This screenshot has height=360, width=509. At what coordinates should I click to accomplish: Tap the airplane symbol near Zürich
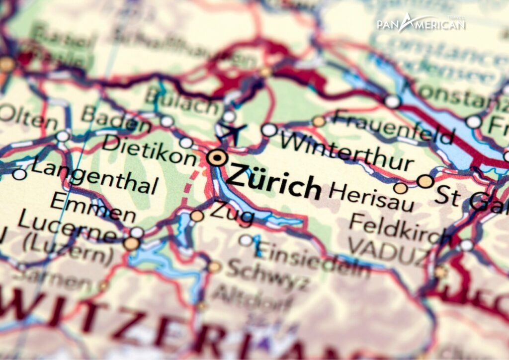click(231, 132)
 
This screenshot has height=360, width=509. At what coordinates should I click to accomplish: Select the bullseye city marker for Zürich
click(217, 158)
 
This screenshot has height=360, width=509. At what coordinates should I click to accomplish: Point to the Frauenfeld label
click(393, 126)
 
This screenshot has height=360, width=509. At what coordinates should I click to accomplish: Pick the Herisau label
click(364, 196)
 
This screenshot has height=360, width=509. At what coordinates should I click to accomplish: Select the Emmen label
click(92, 206)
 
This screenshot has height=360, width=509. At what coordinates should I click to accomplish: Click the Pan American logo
click(421, 23)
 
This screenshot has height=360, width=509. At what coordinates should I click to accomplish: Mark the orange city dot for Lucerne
click(132, 243)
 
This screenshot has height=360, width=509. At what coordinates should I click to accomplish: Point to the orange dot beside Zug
click(197, 216)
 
